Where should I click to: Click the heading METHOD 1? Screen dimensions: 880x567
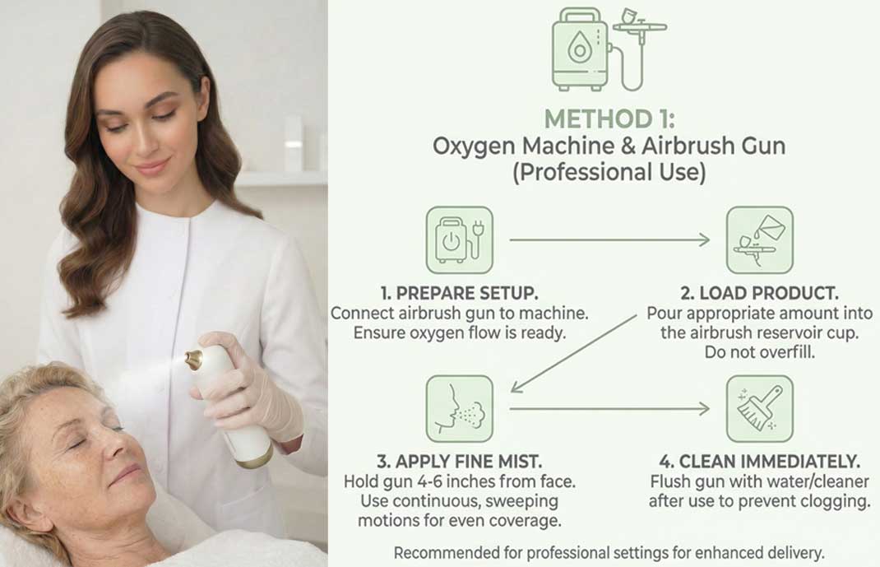pos(609,119)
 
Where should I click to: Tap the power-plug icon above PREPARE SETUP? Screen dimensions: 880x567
pos(459,240)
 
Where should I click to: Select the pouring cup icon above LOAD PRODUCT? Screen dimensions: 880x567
pos(759,240)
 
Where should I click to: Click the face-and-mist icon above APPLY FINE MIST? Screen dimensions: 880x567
pos(459,409)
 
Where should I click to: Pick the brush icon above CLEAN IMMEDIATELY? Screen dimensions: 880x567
pos(759,409)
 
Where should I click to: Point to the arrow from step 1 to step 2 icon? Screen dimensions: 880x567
pos(609,240)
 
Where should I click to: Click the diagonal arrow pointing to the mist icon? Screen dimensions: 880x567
pos(573,354)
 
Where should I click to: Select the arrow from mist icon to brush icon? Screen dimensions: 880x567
pos(609,409)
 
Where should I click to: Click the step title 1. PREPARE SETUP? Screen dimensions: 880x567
pos(459,293)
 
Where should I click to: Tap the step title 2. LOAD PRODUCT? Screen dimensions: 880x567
pos(759,293)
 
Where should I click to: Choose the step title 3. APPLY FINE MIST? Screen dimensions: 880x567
pos(459,462)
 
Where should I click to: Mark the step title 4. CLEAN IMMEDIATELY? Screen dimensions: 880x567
pos(759,462)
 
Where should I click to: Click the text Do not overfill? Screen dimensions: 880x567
pos(759,352)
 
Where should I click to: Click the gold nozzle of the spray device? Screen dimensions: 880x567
pos(194,360)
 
